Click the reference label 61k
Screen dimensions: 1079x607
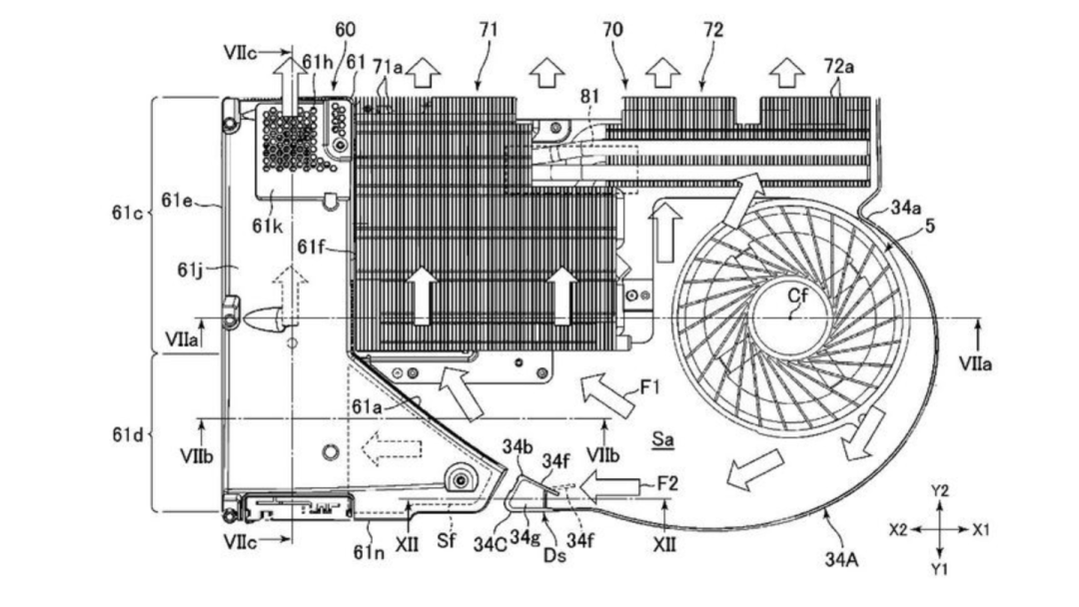pyautogui.click(x=267, y=226)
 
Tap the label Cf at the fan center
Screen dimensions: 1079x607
pyautogui.click(x=797, y=296)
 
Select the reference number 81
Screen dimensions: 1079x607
pyautogui.click(x=589, y=96)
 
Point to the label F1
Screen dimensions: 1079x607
pyautogui.click(x=649, y=387)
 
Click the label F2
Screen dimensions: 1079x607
pyautogui.click(x=666, y=483)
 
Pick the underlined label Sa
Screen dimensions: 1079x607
pyautogui.click(x=662, y=438)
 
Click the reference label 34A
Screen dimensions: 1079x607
pyautogui.click(x=841, y=559)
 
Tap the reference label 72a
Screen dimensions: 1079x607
pyautogui.click(x=839, y=67)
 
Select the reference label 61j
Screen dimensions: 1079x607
pyautogui.click(x=191, y=270)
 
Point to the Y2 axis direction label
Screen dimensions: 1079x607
pyautogui.click(x=940, y=491)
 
